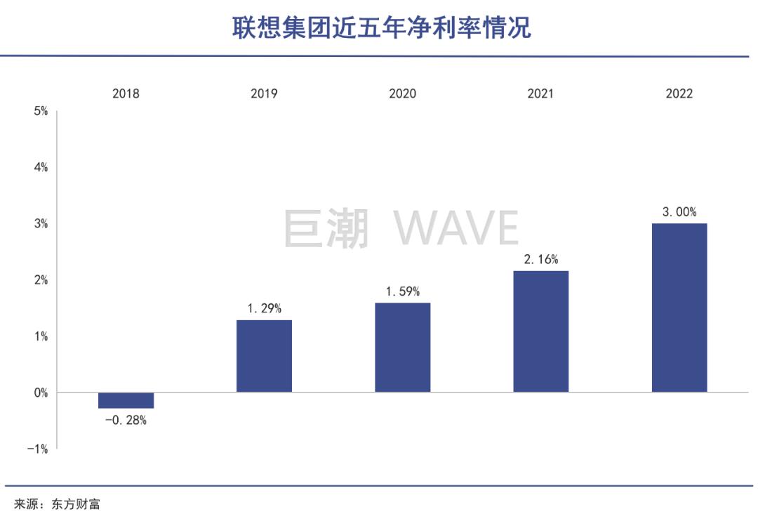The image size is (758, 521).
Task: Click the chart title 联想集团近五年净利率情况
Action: point(382,28)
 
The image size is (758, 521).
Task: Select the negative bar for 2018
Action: point(126,400)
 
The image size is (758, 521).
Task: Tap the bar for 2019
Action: point(264,356)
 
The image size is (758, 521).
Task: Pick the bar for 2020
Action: point(402,348)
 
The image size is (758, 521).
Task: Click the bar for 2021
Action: point(540,331)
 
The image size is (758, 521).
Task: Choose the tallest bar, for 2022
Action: point(679,308)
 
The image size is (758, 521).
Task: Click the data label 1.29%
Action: point(264,308)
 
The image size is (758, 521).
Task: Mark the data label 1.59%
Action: point(402,291)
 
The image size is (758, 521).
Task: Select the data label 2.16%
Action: point(540,259)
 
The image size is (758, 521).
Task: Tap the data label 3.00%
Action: point(679,212)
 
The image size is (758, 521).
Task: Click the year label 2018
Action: point(126,93)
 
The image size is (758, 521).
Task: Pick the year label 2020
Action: point(402,93)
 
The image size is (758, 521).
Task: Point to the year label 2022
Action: point(679,93)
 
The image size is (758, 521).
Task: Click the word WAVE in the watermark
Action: point(456,229)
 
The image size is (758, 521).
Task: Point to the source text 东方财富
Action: point(75,504)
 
